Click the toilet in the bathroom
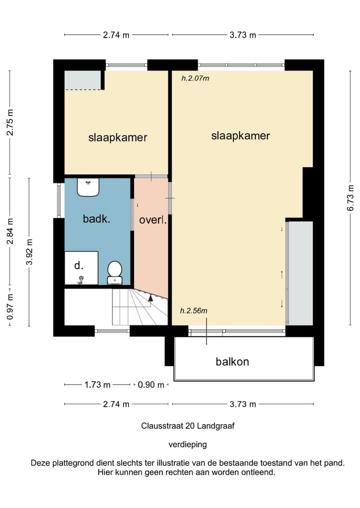point(115,273)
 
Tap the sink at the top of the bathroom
point(88,187)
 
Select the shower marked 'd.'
point(81,268)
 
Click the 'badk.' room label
point(96,219)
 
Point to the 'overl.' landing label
point(153,220)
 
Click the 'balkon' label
point(232,362)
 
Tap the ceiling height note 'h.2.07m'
point(195,78)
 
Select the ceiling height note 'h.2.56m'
point(193,311)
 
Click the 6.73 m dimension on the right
point(350,198)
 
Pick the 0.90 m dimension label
point(151,385)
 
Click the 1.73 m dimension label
point(97,385)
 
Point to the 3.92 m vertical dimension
point(29,252)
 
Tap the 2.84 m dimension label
point(10,231)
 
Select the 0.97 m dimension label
point(10,307)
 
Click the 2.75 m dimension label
point(10,122)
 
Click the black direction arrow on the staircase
point(150,298)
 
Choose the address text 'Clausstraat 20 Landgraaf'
point(188,426)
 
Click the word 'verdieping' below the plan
point(188,445)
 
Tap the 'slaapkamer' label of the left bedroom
point(117,137)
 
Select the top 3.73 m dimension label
point(243,34)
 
